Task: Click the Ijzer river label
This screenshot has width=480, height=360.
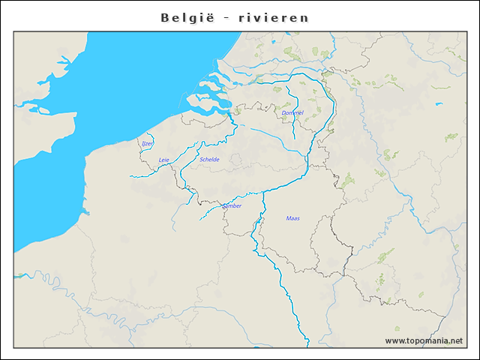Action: [147, 142]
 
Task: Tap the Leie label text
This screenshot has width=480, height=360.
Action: [164, 160]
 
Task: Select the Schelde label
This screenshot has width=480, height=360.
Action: [210, 160]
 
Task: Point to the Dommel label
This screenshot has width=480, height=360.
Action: [292, 113]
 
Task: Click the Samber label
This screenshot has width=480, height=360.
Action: [232, 205]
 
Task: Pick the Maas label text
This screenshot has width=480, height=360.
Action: [292, 218]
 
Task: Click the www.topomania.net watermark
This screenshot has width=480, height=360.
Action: [424, 340]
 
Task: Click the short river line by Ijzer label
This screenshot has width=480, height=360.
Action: [139, 149]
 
